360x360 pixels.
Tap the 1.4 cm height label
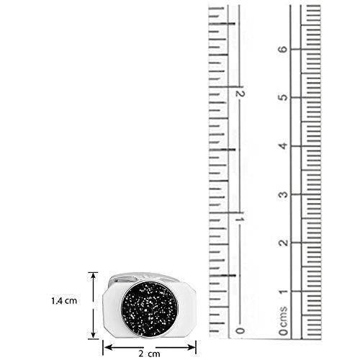tap(64, 301)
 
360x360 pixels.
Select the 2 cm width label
tap(149, 354)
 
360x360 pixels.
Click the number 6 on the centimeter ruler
tap(284, 49)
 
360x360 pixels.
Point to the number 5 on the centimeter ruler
tap(284, 97)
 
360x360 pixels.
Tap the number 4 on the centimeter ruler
tap(284, 145)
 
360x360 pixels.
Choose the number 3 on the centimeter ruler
tap(284, 194)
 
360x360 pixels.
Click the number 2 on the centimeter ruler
tap(284, 243)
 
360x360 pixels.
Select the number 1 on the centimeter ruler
tap(284, 292)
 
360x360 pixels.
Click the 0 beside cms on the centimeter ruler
tap(284, 332)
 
